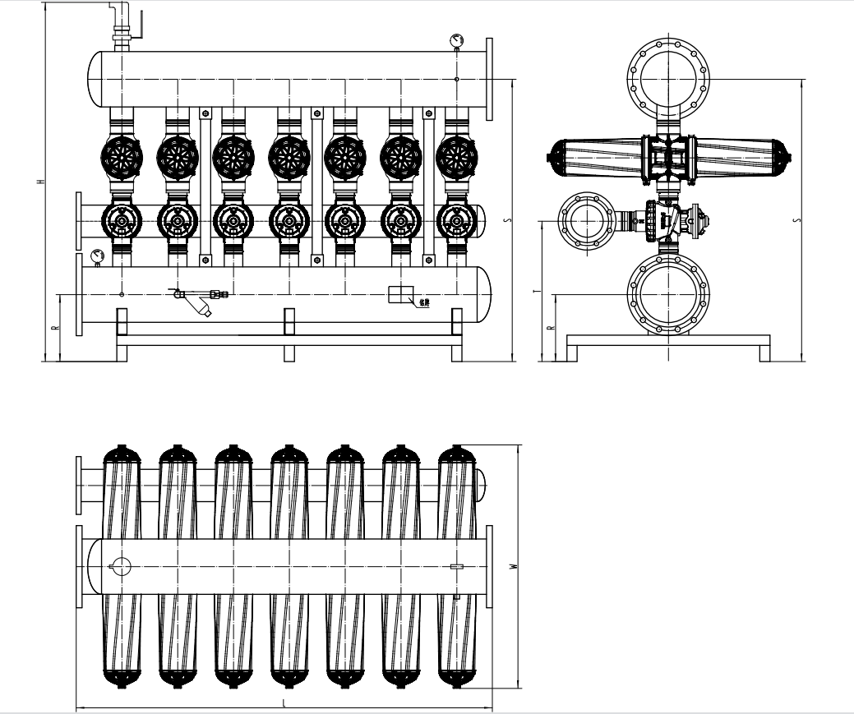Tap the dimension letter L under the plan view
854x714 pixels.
[284, 704]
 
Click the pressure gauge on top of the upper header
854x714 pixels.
[456, 40]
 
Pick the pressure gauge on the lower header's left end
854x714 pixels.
[99, 256]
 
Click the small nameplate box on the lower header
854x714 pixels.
[400, 294]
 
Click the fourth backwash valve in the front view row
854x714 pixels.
[289, 220]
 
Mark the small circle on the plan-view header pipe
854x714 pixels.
[120, 566]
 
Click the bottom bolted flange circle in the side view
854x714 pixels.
[667, 293]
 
